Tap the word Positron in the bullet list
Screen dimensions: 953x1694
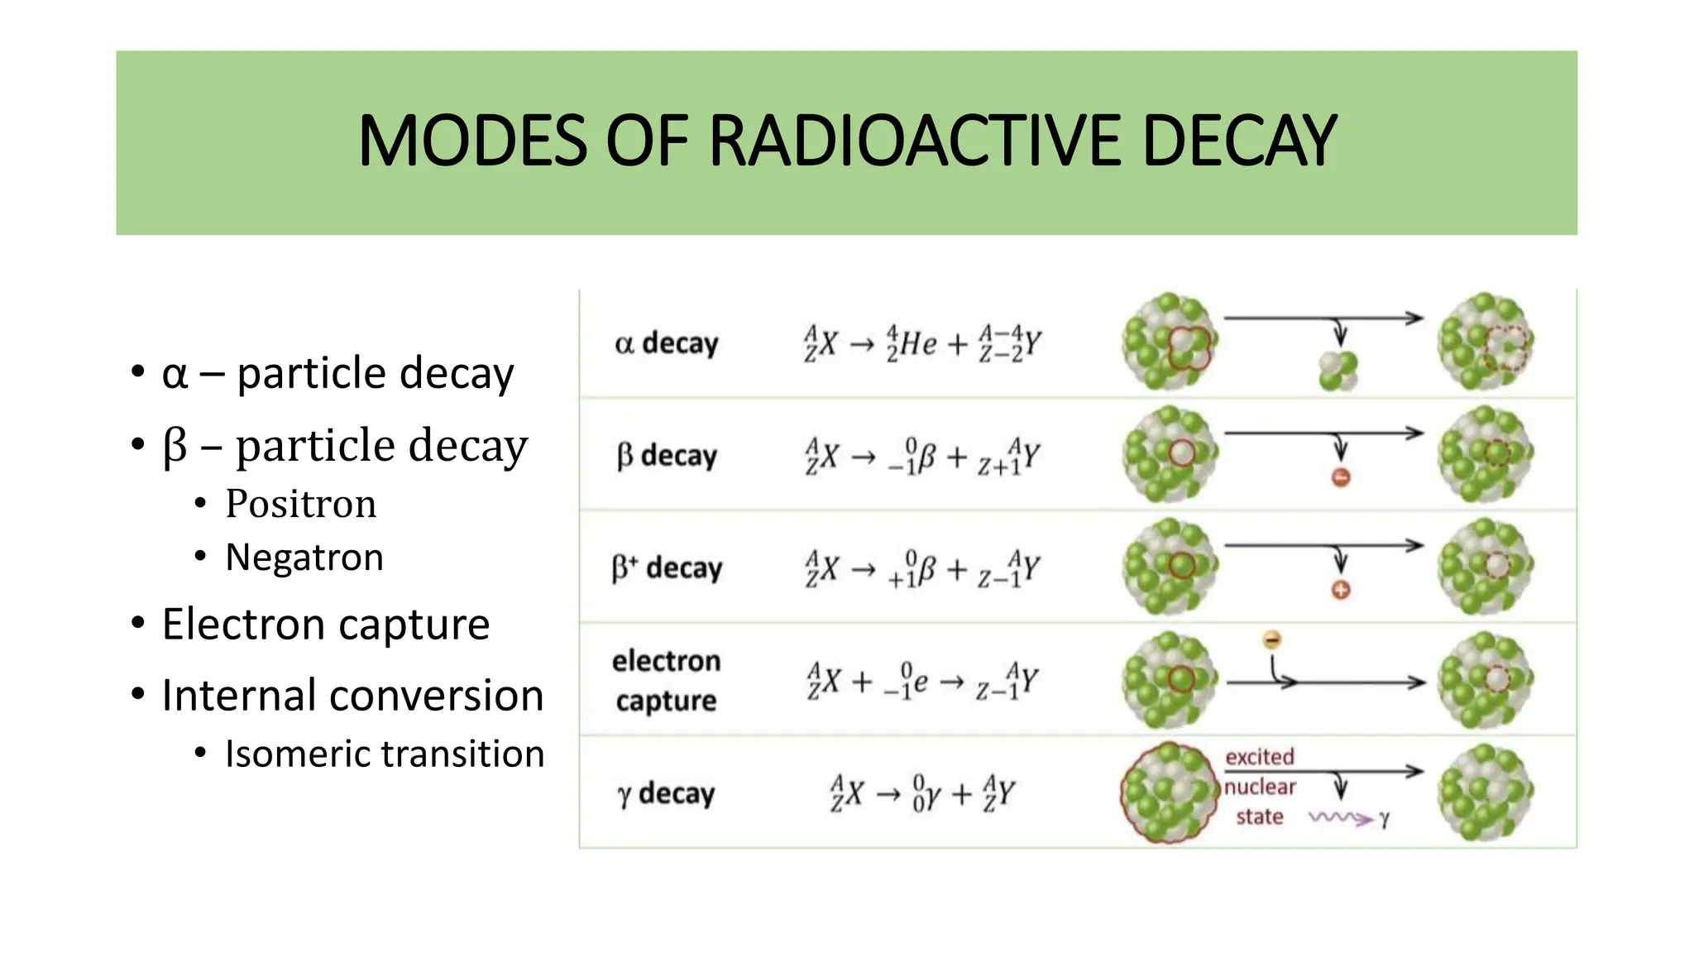click(x=300, y=504)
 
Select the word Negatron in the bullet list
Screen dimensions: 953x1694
click(x=304, y=558)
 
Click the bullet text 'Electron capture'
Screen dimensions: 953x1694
click(x=326, y=624)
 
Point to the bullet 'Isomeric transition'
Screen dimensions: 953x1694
click(x=385, y=754)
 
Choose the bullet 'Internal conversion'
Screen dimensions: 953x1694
click(x=352, y=695)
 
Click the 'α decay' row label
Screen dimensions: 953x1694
click(x=667, y=343)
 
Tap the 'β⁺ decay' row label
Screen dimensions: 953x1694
click(x=667, y=568)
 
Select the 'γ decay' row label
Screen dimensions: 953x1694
click(x=667, y=793)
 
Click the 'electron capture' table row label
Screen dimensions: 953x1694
click(x=667, y=681)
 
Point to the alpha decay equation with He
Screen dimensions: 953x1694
click(x=922, y=343)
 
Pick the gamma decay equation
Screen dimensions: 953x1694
click(x=922, y=793)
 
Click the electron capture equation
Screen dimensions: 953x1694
click(x=922, y=681)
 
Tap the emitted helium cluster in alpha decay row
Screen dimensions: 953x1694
click(x=1338, y=371)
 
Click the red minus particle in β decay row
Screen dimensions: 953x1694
click(x=1341, y=477)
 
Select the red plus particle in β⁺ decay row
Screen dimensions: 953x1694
click(x=1341, y=590)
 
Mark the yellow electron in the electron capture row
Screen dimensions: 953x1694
click(x=1272, y=639)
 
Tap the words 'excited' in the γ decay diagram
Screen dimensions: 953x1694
click(x=1260, y=757)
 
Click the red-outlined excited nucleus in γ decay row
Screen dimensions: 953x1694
click(x=1169, y=792)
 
